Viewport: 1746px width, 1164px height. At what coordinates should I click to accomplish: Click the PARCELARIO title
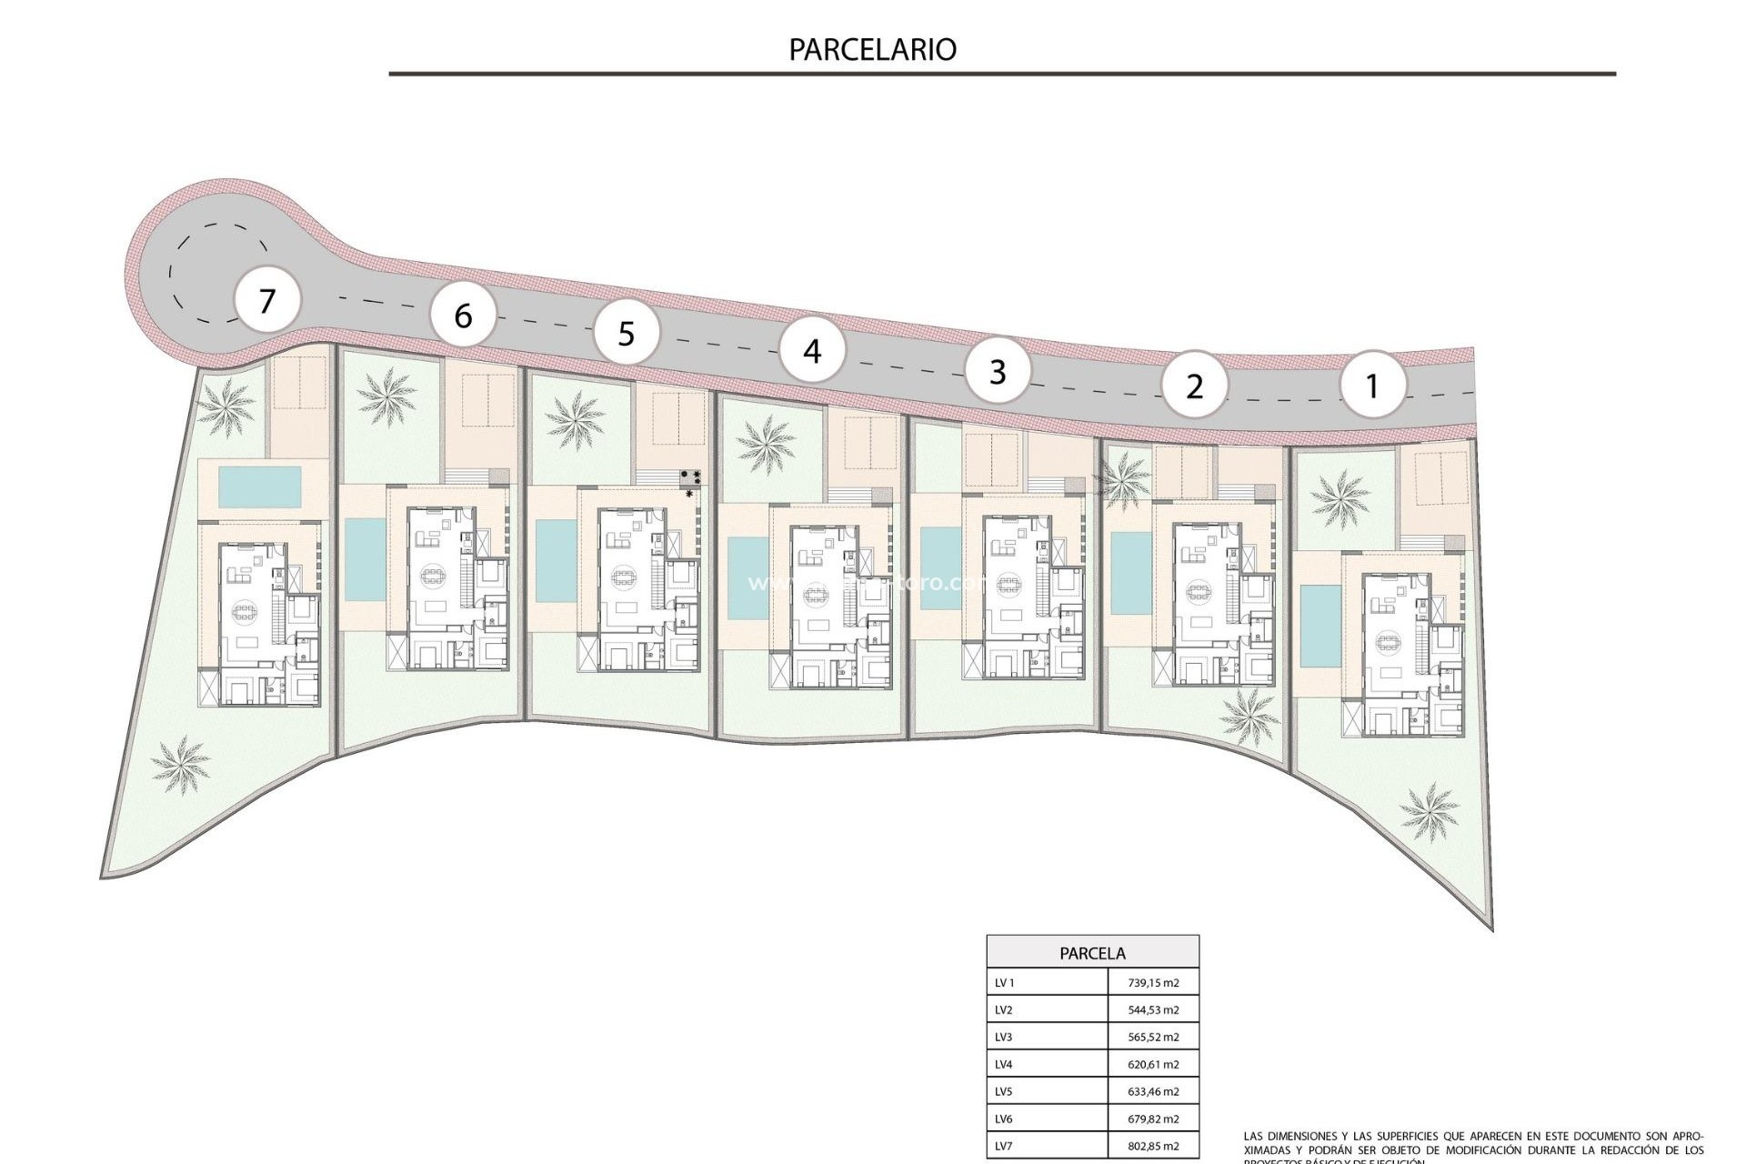(872, 49)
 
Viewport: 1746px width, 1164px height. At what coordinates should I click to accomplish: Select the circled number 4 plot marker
(812, 350)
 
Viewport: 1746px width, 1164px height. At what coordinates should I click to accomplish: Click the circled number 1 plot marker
(1372, 386)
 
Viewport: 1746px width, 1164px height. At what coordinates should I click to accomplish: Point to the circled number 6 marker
(463, 316)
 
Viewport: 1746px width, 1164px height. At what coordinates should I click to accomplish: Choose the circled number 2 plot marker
(1194, 386)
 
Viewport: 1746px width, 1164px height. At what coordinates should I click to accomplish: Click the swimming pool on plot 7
(260, 487)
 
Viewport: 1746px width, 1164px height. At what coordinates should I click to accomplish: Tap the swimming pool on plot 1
(1313, 626)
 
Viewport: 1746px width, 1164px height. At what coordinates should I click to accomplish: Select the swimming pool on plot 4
(748, 578)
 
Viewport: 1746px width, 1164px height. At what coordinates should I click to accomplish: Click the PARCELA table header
(1092, 953)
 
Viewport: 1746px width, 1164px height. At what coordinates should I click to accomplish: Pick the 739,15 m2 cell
(1152, 983)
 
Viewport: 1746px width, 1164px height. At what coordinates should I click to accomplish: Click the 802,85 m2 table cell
(1152, 1146)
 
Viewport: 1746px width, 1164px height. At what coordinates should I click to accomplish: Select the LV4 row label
(1004, 1064)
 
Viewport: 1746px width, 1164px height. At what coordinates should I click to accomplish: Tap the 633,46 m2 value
(1152, 1091)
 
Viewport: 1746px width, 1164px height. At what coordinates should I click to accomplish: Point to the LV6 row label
(1004, 1119)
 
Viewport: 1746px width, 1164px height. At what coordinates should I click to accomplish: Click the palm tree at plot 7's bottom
(181, 762)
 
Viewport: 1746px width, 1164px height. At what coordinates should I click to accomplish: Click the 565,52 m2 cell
(1152, 1037)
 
